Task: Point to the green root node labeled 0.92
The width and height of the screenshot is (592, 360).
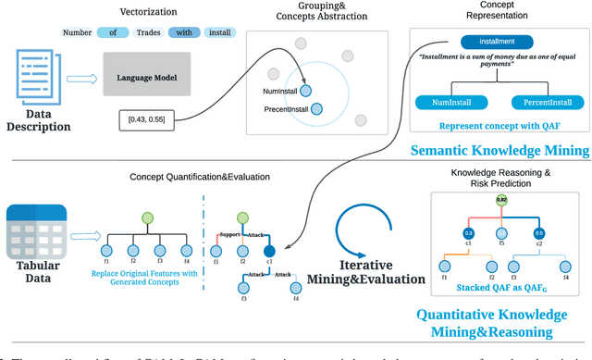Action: pos(500,199)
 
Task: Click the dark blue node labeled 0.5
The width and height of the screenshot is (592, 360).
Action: pos(540,232)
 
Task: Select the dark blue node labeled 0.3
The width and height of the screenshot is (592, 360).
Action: pos(469,232)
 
